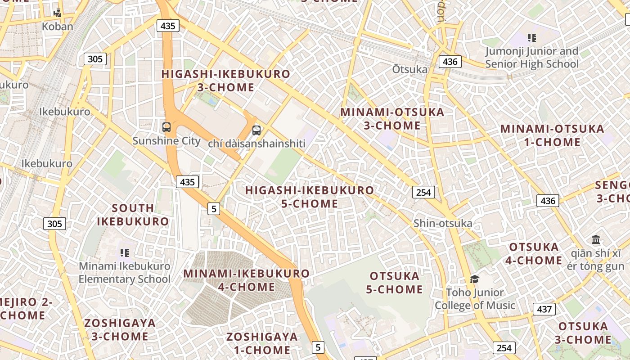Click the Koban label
[x=57, y=27]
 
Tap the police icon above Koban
[x=58, y=13]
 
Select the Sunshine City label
[x=166, y=141]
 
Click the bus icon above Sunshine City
[x=166, y=127]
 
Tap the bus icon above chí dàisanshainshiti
[x=256, y=130]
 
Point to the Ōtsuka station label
[x=409, y=69]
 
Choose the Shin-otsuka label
[x=443, y=223]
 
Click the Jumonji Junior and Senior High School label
[x=532, y=58]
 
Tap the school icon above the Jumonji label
[x=532, y=38]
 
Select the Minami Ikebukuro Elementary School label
[x=125, y=272]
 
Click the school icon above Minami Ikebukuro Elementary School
[x=125, y=253]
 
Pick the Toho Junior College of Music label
[x=475, y=299]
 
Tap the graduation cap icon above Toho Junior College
[x=474, y=279]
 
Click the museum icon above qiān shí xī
[x=596, y=239]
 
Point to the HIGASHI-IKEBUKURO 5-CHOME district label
[x=310, y=197]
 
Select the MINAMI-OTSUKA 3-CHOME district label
[x=392, y=119]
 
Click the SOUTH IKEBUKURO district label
[x=133, y=215]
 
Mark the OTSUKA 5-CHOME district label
[x=394, y=283]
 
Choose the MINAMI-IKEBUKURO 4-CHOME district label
[x=247, y=280]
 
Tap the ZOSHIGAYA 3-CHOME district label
[x=120, y=329]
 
